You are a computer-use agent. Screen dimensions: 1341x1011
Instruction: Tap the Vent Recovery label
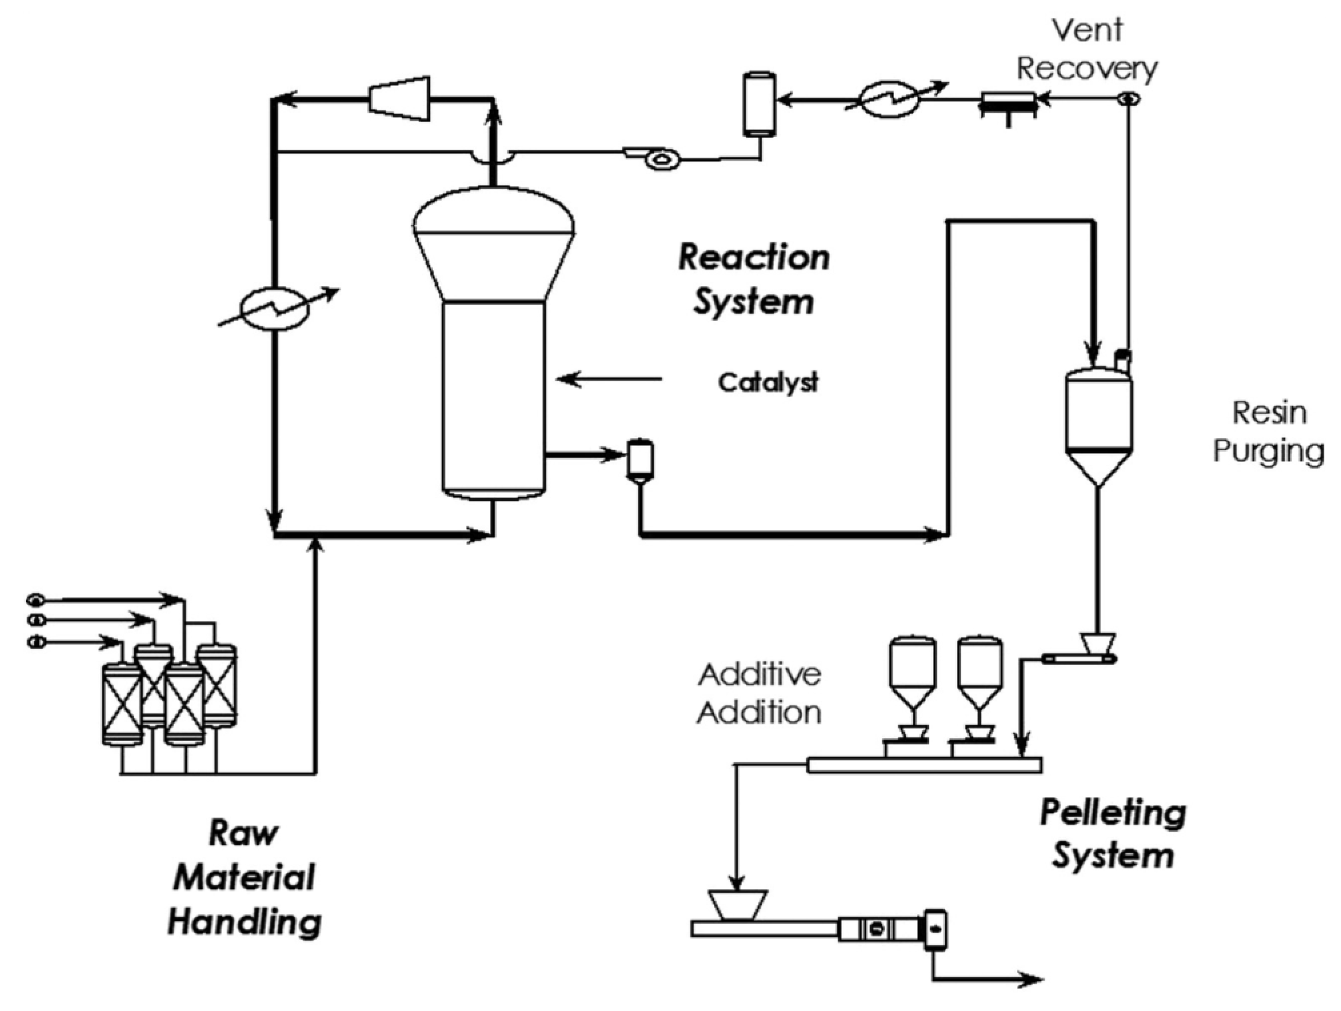click(1087, 50)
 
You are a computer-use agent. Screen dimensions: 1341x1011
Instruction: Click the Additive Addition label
click(760, 694)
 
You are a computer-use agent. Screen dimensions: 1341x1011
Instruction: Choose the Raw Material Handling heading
click(244, 878)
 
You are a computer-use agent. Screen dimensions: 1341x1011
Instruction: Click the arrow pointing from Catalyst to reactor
click(609, 380)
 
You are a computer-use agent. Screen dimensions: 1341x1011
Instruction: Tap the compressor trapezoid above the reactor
click(399, 98)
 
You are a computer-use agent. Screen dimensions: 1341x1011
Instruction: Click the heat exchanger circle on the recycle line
click(275, 308)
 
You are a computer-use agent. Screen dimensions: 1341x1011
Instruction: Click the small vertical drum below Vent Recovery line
click(760, 103)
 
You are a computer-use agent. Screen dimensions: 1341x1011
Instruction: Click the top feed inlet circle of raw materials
click(35, 600)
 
